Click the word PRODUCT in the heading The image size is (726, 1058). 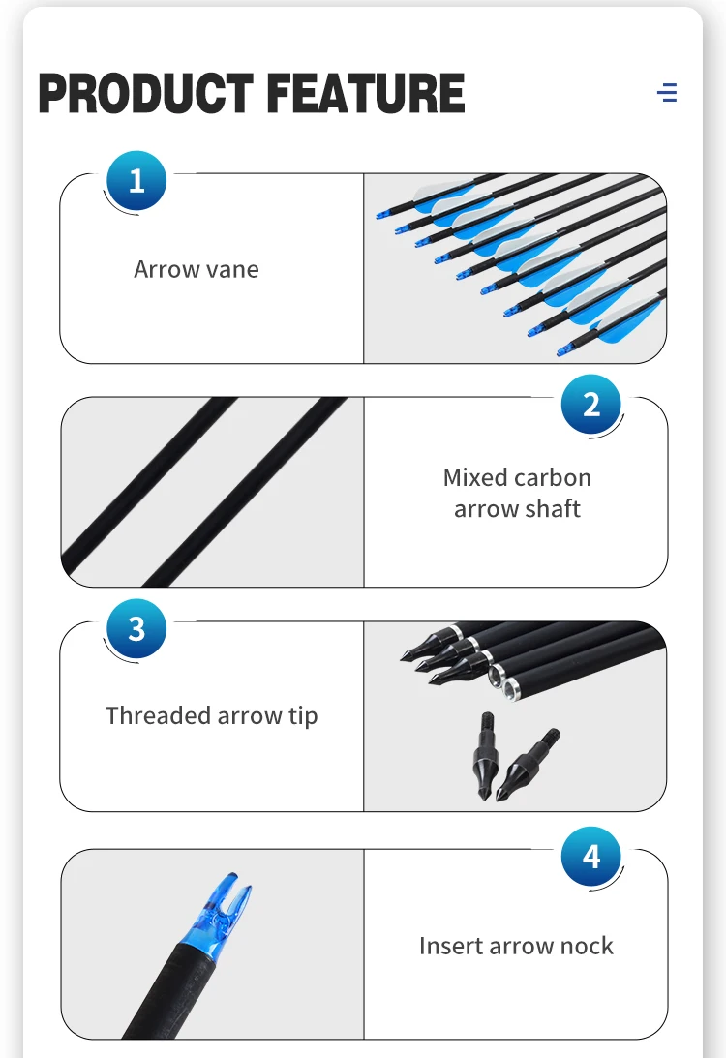[x=146, y=94]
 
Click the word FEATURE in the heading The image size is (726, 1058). [x=365, y=94]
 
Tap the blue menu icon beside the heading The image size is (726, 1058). [x=667, y=93]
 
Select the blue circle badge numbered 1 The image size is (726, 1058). [x=136, y=181]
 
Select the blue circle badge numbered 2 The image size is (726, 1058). [x=591, y=404]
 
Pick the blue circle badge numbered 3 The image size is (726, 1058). [x=136, y=629]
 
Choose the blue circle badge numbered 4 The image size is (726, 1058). [x=591, y=857]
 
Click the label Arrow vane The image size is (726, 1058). [x=197, y=269]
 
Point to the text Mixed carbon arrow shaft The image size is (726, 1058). [x=517, y=493]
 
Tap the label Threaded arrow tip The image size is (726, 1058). [x=211, y=716]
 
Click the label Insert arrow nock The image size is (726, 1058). [x=516, y=946]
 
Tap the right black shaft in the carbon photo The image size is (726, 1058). [x=242, y=494]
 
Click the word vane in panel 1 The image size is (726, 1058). [x=232, y=269]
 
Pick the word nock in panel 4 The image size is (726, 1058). [x=587, y=946]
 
